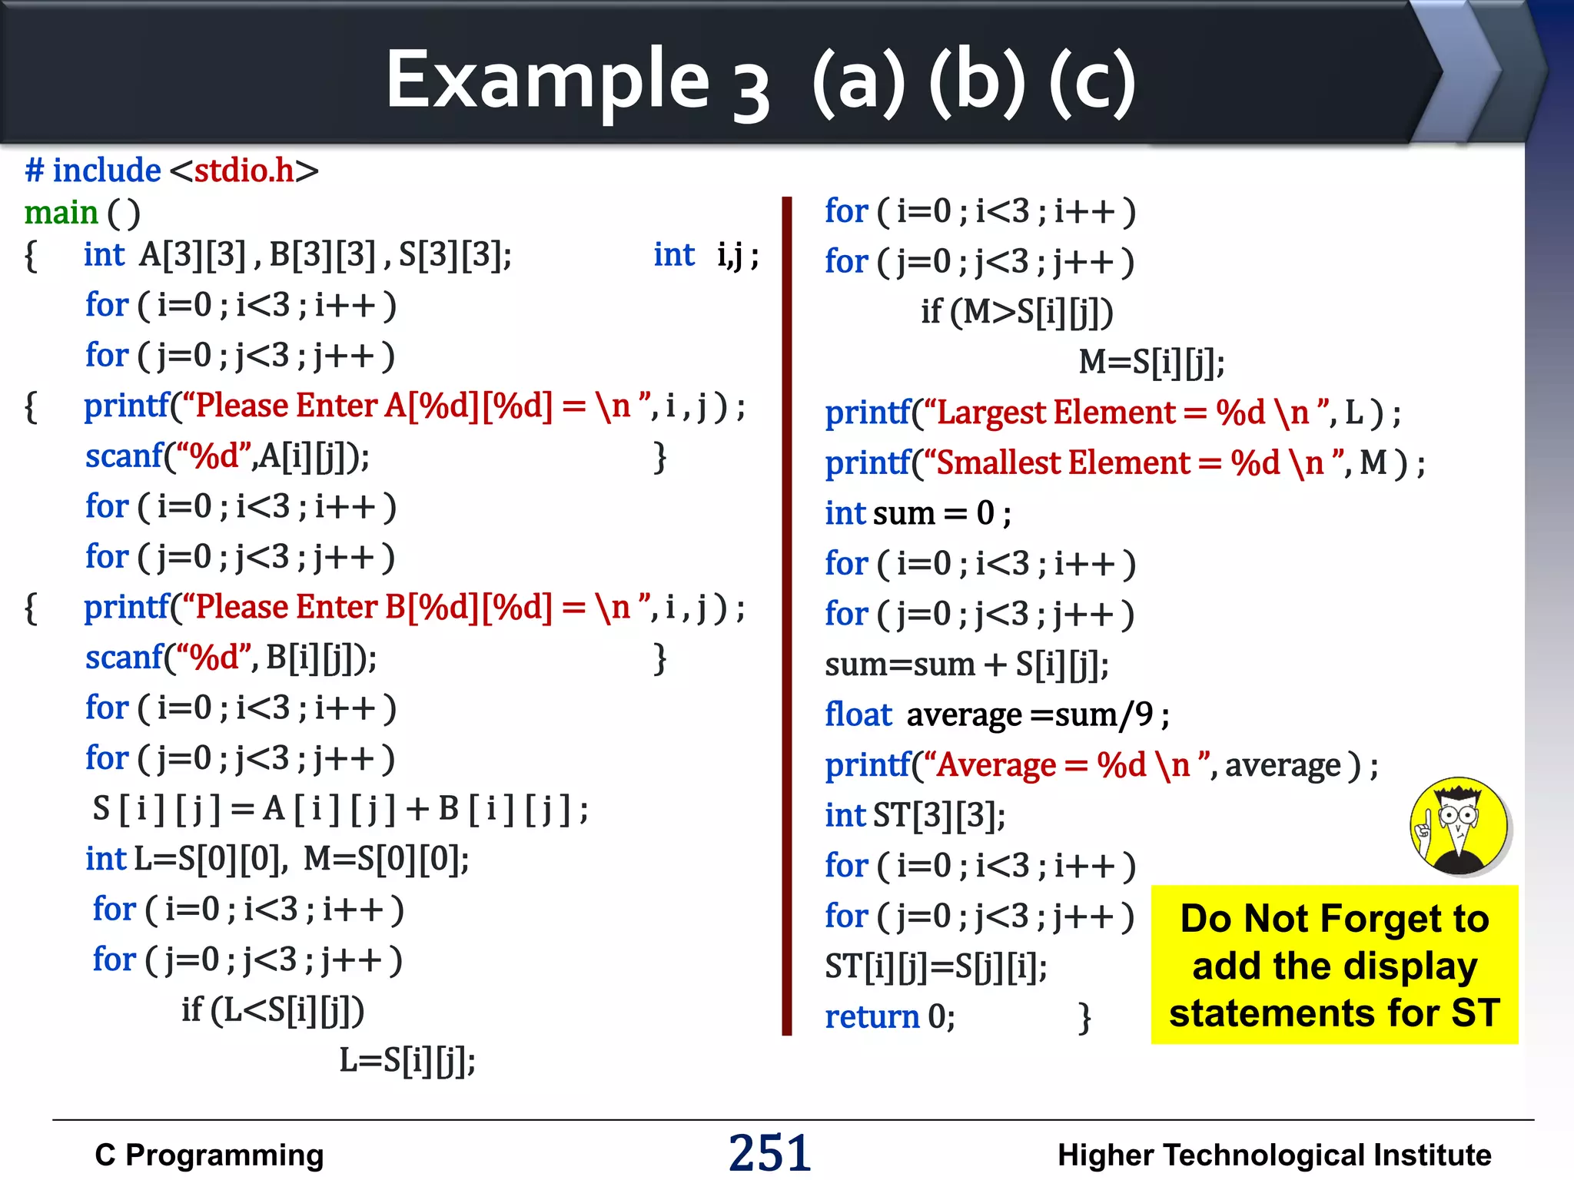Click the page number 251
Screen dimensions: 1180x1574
pos(769,1152)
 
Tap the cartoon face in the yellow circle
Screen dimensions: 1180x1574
pos(1459,825)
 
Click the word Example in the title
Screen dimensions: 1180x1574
pos(547,80)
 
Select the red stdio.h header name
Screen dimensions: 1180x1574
pos(244,171)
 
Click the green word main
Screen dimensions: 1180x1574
pos(61,213)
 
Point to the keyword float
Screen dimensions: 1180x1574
pos(858,714)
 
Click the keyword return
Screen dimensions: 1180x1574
pos(872,1016)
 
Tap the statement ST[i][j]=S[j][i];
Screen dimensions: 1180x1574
pos(935,966)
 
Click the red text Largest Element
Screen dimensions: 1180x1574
pos(1057,413)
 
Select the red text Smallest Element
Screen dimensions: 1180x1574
pos(1064,463)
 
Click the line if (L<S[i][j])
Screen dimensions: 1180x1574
pos(273,1009)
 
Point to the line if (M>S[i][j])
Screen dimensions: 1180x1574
pos(1017,312)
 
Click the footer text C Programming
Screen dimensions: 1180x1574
pos(209,1155)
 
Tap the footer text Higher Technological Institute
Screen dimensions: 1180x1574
pos(1273,1155)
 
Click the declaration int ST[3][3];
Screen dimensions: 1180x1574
pos(915,815)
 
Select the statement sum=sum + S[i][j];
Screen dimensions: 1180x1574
pos(966,665)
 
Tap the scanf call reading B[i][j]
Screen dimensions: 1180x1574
pos(231,658)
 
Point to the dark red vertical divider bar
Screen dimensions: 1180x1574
pos(786,615)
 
